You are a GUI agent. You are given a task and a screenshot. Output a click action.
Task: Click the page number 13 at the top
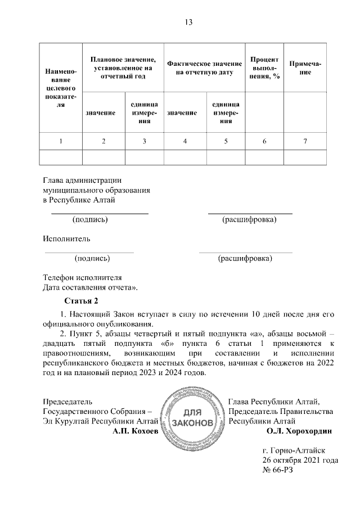tap(188, 22)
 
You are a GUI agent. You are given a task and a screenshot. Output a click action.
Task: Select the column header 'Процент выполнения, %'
tap(264, 68)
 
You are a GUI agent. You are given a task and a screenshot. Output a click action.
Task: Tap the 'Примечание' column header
tap(305, 68)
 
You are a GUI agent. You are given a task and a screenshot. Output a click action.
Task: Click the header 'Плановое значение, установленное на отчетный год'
tap(123, 68)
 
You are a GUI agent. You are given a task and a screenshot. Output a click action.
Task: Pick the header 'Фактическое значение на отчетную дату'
tap(205, 68)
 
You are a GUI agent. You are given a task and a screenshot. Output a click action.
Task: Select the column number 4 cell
tap(184, 141)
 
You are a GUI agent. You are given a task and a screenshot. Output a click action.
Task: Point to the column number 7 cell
tap(305, 141)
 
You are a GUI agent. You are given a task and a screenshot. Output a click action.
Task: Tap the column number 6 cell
tap(264, 141)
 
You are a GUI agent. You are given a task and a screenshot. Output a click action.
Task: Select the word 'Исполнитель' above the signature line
tap(66, 238)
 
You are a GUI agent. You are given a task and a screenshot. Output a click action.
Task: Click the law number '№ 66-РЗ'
tap(278, 471)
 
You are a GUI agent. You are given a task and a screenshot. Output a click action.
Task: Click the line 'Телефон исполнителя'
tap(83, 277)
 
